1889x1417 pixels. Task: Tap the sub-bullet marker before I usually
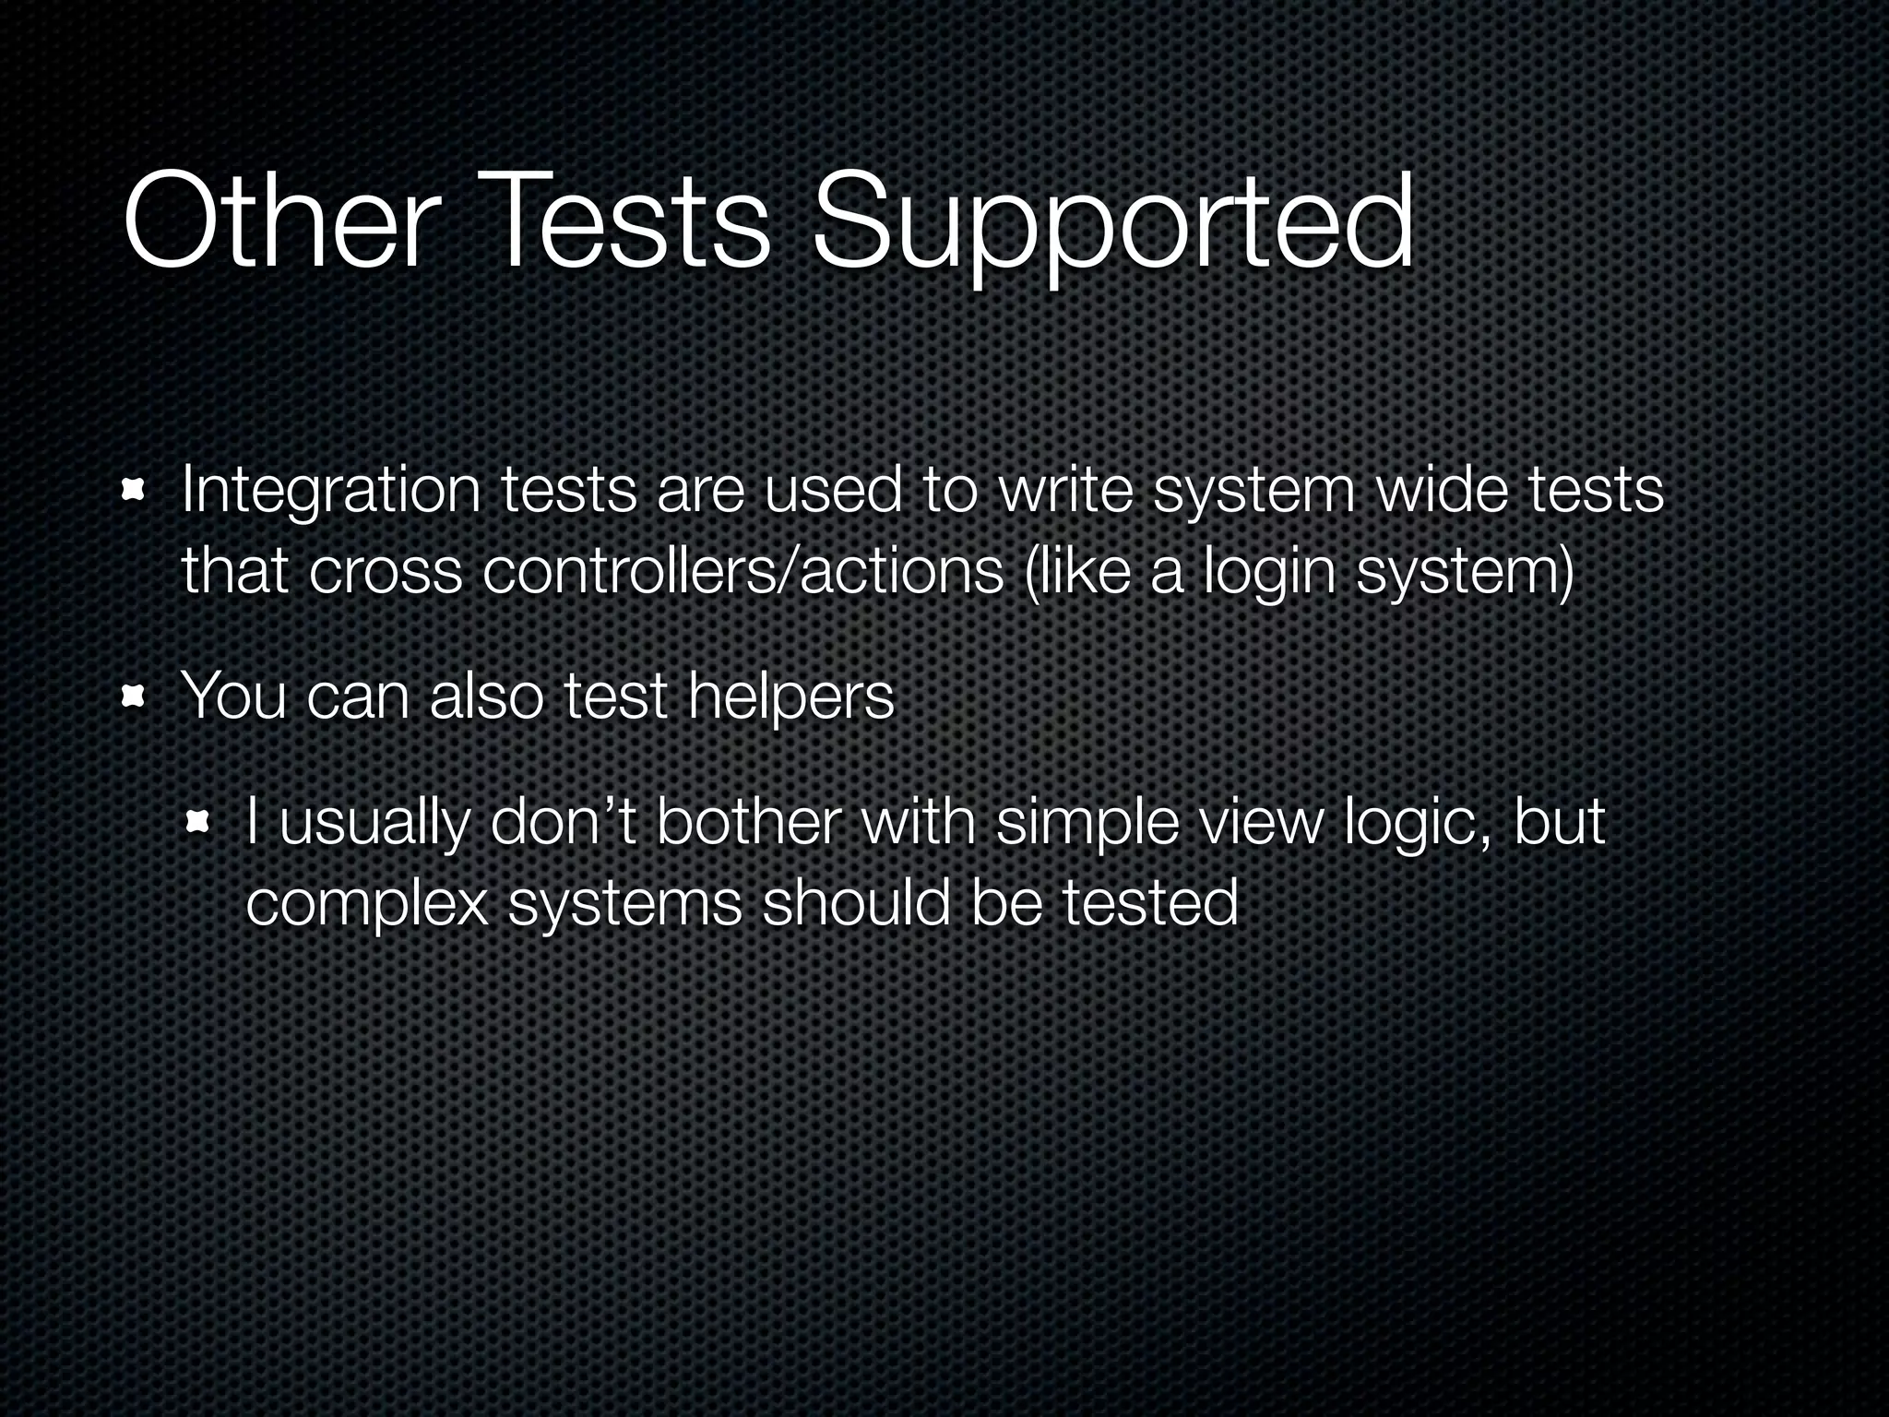tap(198, 822)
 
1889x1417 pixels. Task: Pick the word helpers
tap(791, 697)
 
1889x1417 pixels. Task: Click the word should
tap(855, 902)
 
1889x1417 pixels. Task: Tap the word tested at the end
tap(1150, 902)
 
